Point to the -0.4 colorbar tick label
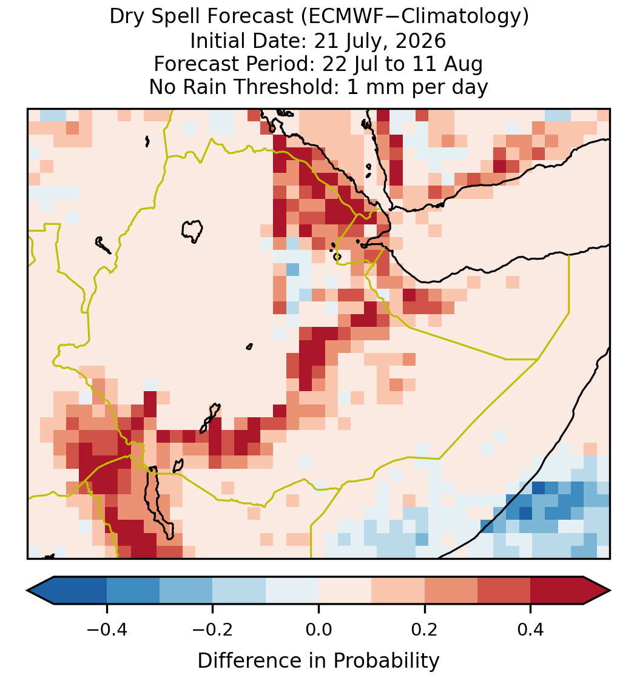click(x=107, y=630)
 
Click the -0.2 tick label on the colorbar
click(x=213, y=630)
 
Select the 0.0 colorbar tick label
click(x=318, y=630)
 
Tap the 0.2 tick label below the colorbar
click(x=425, y=630)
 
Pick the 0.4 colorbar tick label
click(x=531, y=630)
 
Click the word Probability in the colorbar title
click(x=386, y=661)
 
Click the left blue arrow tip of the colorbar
click(x=27, y=591)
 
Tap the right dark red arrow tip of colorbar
click(x=610, y=591)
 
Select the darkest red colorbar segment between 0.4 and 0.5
click(x=557, y=591)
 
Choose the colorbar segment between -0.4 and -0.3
click(x=133, y=591)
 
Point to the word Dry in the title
click(x=128, y=18)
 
